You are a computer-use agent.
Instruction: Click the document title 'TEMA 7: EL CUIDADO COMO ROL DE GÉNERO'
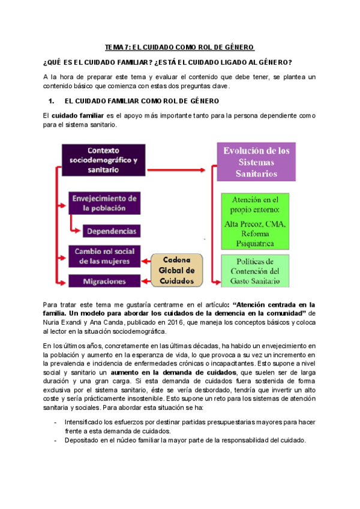(x=180, y=47)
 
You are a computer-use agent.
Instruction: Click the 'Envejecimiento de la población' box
(x=104, y=203)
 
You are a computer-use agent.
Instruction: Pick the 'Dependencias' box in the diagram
(x=110, y=231)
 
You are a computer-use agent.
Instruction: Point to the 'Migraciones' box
(x=104, y=281)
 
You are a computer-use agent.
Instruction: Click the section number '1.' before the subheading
(x=50, y=101)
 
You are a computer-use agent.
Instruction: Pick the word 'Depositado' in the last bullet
(x=82, y=439)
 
